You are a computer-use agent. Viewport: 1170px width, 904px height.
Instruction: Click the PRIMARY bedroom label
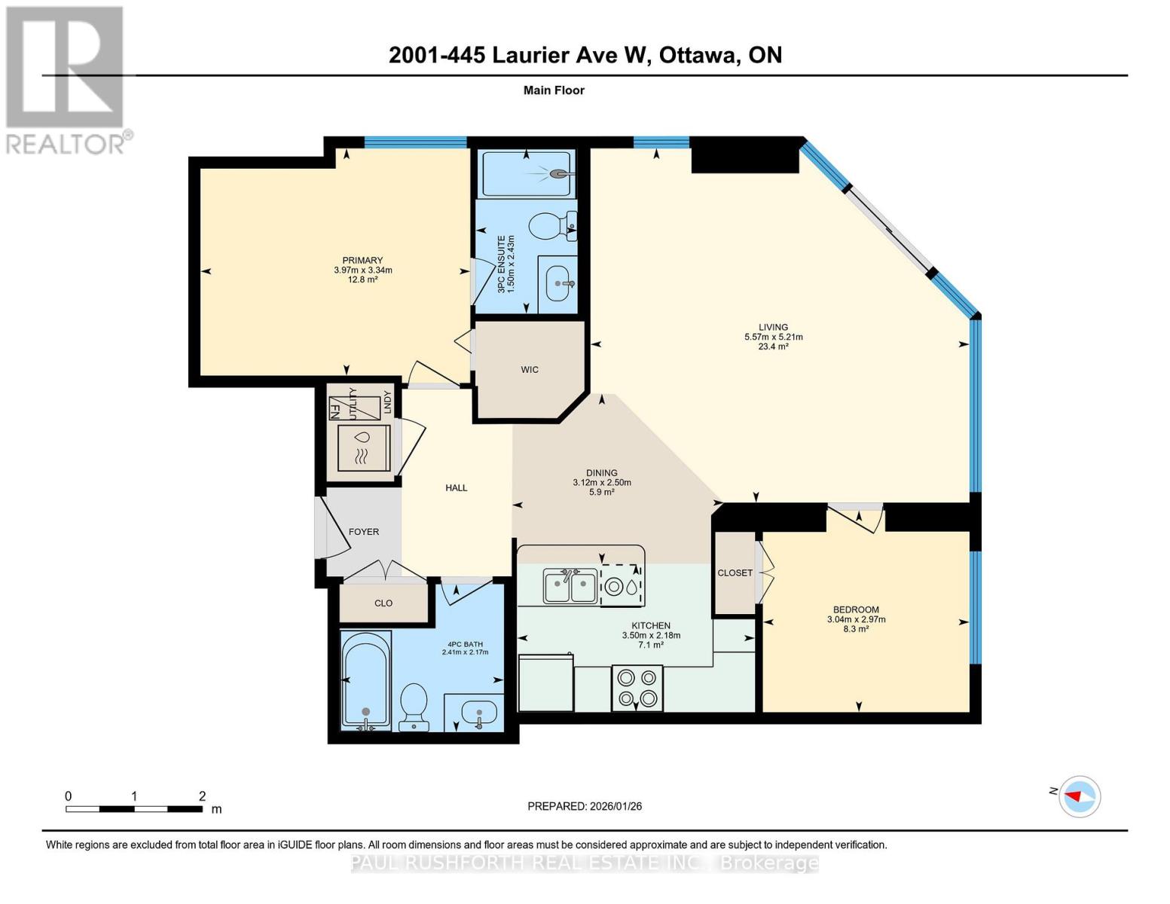coord(362,261)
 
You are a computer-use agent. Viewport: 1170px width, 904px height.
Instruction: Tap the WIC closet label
coord(530,370)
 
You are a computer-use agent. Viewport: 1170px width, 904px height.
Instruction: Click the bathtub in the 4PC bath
coord(365,680)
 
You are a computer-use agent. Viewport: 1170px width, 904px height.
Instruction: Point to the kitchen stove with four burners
coord(636,689)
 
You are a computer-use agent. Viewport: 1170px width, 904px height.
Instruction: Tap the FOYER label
coord(364,532)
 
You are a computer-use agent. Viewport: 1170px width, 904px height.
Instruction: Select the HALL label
coord(457,488)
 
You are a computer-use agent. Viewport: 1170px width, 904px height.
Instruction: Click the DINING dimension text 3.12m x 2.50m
coord(601,483)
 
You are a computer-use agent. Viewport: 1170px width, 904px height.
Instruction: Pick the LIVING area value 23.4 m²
coord(773,347)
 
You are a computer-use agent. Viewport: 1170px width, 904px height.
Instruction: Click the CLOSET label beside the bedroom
coord(735,573)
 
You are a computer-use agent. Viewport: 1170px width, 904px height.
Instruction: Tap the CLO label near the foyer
coord(383,603)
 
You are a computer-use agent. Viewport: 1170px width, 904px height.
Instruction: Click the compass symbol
coord(1080,796)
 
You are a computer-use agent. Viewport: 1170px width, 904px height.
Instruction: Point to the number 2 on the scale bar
coord(202,796)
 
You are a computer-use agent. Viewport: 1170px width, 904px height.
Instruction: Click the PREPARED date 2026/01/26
coord(614,806)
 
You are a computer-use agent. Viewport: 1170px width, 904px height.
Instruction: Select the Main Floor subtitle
coord(554,90)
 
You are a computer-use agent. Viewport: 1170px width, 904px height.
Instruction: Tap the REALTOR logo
coord(66,79)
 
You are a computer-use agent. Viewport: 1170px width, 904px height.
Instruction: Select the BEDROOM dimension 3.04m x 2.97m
coord(856,620)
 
